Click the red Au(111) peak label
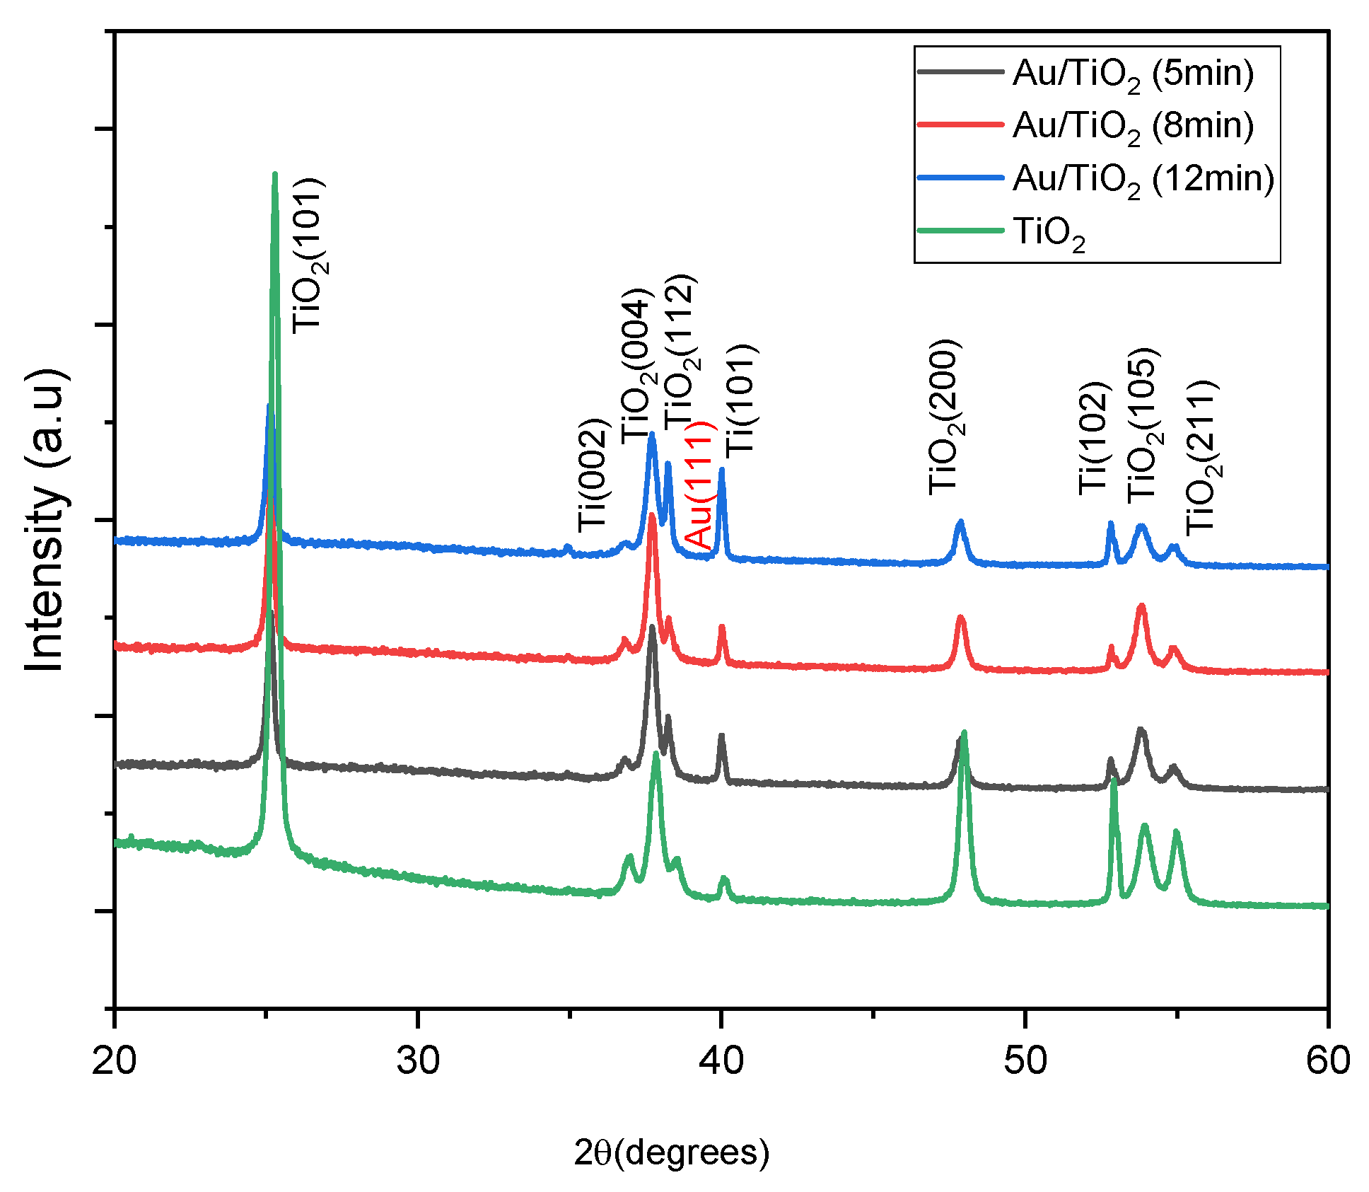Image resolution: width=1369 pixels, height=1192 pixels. [x=701, y=485]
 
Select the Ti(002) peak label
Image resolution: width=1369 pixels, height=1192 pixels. [x=593, y=475]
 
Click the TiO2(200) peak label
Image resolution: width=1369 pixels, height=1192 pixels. [x=945, y=417]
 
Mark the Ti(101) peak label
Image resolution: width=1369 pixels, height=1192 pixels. [x=741, y=399]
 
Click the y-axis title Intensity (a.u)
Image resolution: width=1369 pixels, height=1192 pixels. [x=47, y=520]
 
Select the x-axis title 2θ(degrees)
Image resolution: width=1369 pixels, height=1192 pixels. [x=671, y=1152]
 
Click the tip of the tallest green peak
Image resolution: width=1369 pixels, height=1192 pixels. [x=274, y=174]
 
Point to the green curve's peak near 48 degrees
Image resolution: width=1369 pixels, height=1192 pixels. [x=964, y=734]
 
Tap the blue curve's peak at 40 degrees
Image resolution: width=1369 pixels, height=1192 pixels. [x=721, y=470]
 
